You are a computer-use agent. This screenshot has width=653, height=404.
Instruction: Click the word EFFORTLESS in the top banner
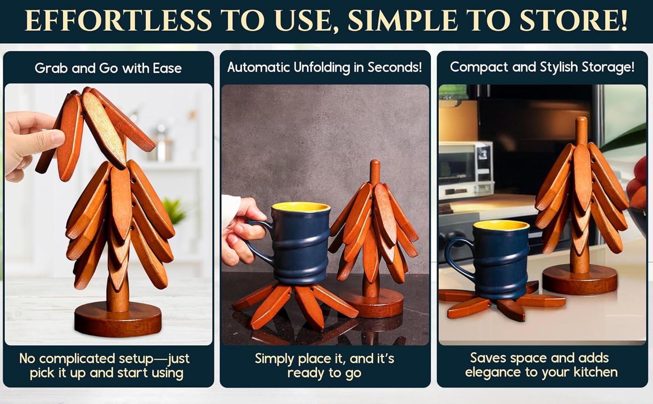(x=118, y=20)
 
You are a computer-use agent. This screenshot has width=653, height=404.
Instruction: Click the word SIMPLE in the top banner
(x=403, y=20)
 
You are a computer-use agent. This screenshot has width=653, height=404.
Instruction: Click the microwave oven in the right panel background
(x=465, y=169)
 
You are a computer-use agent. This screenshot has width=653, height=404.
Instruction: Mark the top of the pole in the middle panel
(x=375, y=161)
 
